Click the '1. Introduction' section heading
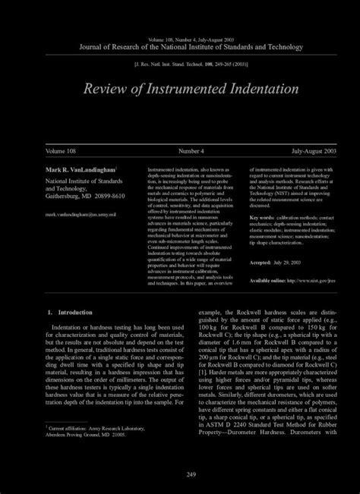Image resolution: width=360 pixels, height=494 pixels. point(70,312)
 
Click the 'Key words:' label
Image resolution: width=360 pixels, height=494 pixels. point(262,217)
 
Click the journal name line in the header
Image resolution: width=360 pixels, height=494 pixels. point(180,47)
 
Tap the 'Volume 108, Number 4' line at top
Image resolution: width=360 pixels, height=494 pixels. point(180,39)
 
